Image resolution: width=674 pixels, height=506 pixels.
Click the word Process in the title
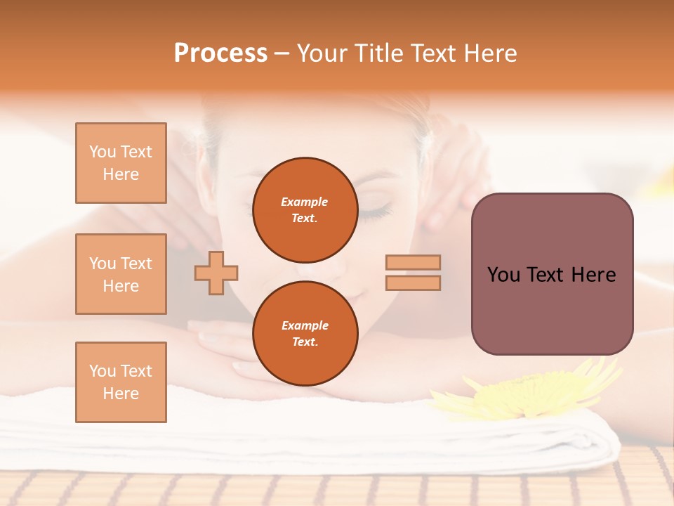pos(220,53)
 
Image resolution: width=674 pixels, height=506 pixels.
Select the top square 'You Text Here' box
pos(121,163)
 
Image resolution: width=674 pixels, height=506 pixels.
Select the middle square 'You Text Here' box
pos(121,274)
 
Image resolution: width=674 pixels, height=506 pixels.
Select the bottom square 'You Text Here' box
pos(121,382)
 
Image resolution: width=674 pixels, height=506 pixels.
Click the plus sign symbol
pos(216,273)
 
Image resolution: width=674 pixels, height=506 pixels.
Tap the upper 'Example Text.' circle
pos(305,210)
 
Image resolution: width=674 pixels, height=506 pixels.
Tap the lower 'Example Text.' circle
pos(305,334)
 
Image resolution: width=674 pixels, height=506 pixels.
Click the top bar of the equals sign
pos(413,263)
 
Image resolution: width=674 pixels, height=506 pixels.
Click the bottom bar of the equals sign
pos(413,283)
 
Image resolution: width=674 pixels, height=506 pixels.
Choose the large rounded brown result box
pos(552,274)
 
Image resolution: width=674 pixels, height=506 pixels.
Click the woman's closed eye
pos(376,209)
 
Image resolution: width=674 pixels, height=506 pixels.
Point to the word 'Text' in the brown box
pos(550,275)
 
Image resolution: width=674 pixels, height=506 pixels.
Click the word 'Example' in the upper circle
pos(305,202)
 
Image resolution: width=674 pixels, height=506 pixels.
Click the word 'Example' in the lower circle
pos(305,325)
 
